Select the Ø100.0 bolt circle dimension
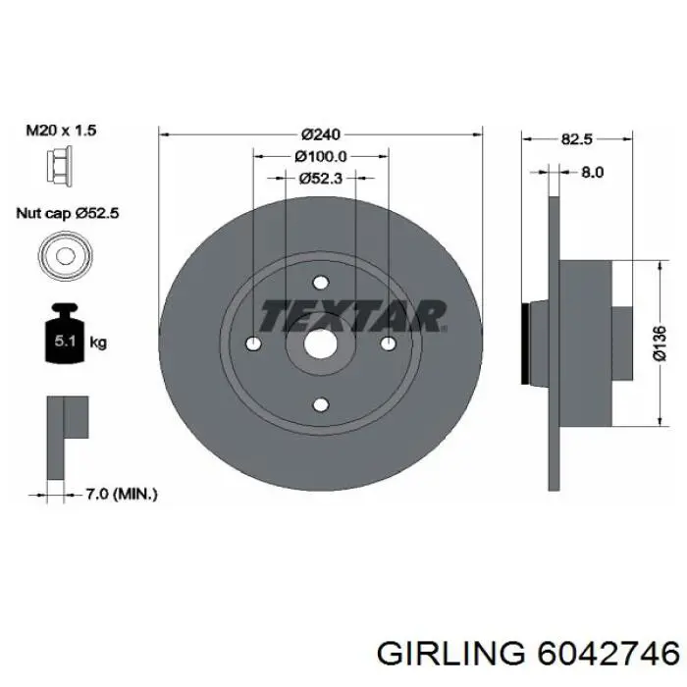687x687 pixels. (x=321, y=156)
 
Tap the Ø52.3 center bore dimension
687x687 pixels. (x=321, y=178)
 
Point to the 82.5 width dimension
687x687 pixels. (x=576, y=139)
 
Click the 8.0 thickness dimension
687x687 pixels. (x=592, y=171)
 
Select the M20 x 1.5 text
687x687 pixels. (x=62, y=130)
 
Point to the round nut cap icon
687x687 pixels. (x=64, y=255)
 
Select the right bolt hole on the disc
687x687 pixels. (x=388, y=343)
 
